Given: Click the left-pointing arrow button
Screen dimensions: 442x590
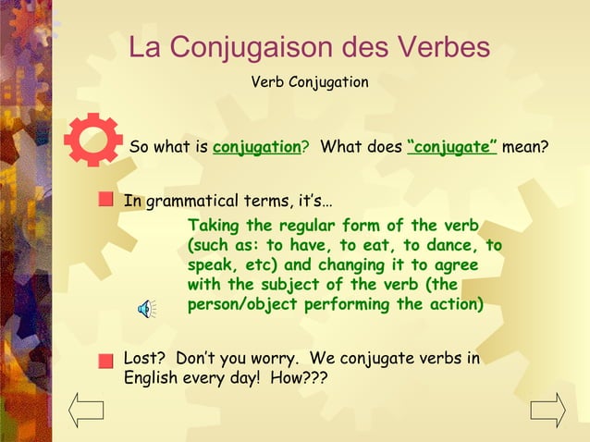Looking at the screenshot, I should [x=87, y=409].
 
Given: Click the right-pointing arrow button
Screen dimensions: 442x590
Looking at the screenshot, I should [x=547, y=409].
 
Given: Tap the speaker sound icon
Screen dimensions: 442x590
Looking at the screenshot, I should [x=146, y=308].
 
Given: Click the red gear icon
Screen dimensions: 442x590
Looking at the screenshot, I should [x=92, y=140].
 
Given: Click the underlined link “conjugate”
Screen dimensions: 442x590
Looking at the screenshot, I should [x=452, y=147].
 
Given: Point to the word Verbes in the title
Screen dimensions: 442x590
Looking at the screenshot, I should [x=440, y=47].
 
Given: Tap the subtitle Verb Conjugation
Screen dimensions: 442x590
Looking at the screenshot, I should [x=310, y=82].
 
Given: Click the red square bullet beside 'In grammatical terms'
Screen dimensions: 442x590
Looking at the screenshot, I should [x=108, y=198].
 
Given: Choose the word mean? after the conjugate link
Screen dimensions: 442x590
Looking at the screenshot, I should [x=525, y=147].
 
